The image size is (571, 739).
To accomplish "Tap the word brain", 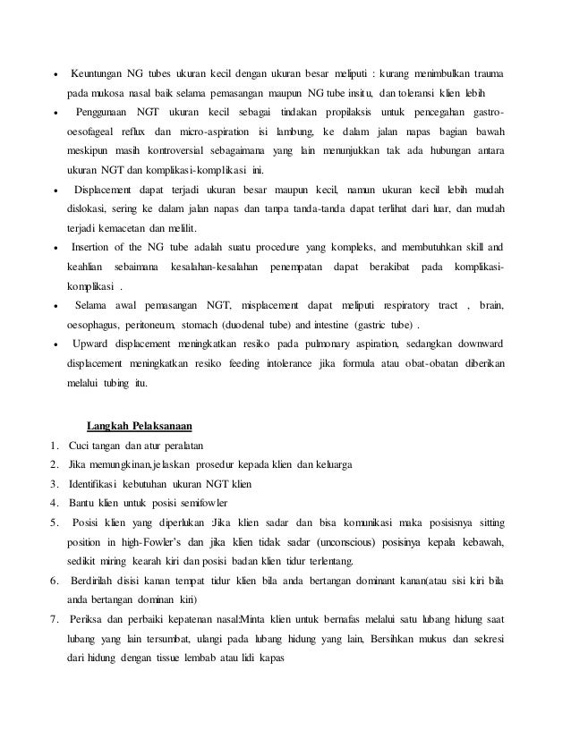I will [x=491, y=305].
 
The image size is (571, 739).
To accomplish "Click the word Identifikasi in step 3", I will [x=100, y=484].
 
